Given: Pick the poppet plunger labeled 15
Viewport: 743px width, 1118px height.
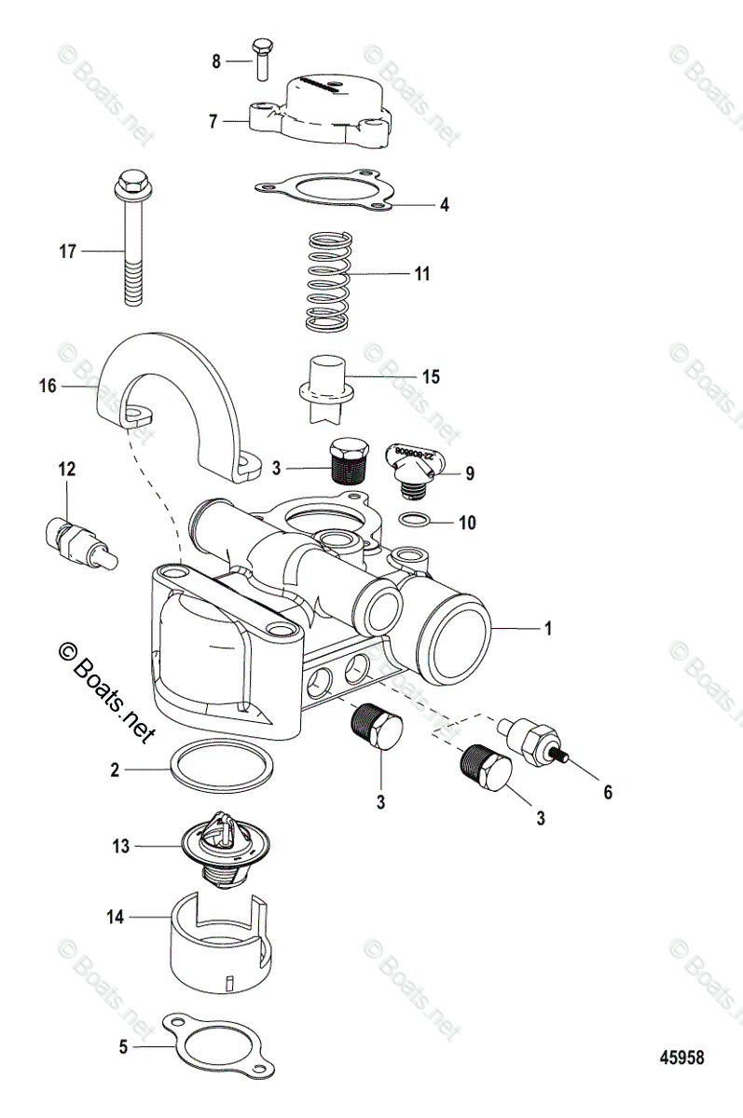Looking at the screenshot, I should coord(325,383).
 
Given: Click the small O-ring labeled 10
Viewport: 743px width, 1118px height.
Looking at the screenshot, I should coord(415,520).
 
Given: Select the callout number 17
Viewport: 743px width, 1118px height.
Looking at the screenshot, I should coord(66,251).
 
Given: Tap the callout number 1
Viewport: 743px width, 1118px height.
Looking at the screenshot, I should coord(548,630).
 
